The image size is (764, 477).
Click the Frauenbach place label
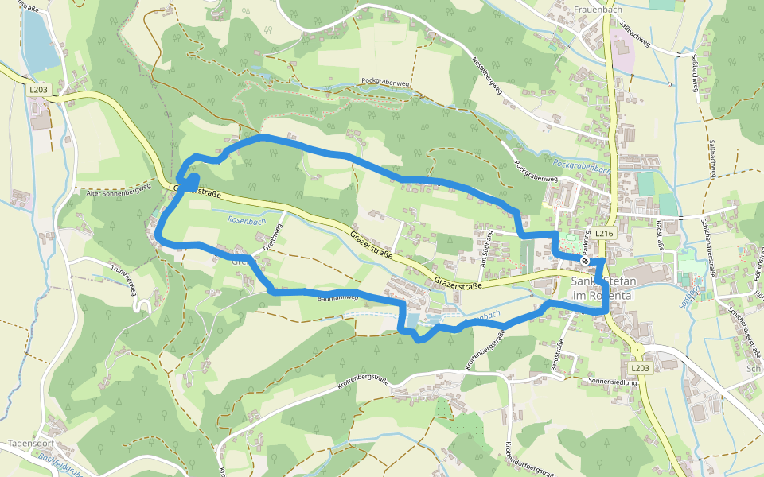pos(597,10)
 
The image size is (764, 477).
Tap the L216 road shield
pos(603,234)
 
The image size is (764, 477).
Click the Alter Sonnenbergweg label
pos(117,193)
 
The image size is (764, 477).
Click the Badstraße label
pos(660,236)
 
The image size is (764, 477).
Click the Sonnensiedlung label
pos(613,382)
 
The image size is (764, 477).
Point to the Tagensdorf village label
pos(30,444)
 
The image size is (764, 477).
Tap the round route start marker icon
pos(585,260)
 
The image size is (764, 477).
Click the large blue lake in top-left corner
pos(38,40)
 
